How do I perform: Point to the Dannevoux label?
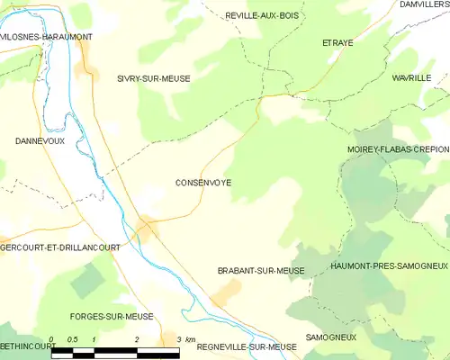(40, 141)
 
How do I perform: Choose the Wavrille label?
(411, 79)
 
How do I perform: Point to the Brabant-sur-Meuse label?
(261, 271)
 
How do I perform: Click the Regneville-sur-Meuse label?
(246, 346)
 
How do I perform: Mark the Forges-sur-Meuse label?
(112, 317)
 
